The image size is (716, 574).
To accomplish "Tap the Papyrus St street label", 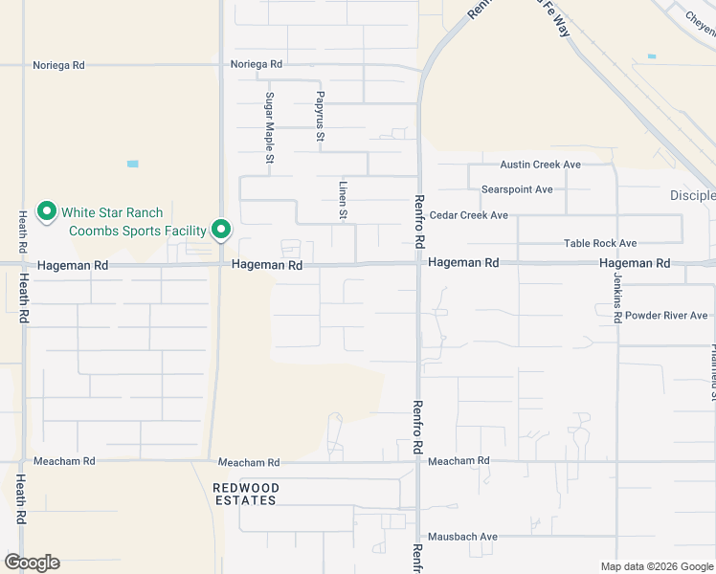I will (x=321, y=118).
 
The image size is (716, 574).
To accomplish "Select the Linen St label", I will (x=342, y=201).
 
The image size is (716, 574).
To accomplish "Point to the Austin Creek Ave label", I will (x=533, y=165).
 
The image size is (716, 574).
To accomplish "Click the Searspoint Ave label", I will (x=517, y=189).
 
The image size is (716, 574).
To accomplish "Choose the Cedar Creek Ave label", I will (x=469, y=215).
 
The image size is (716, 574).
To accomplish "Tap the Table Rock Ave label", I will (x=600, y=244).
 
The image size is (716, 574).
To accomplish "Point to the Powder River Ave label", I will (x=666, y=316).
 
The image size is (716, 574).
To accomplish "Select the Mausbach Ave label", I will (x=463, y=537).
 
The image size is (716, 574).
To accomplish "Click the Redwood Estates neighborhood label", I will (x=245, y=494).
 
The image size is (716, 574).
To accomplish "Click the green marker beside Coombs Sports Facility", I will (x=221, y=230).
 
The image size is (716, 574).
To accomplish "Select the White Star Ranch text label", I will (x=112, y=212).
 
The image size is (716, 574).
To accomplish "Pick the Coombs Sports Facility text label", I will (x=137, y=231).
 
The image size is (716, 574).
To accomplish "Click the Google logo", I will (x=32, y=563).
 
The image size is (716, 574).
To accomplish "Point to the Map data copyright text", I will (x=657, y=566).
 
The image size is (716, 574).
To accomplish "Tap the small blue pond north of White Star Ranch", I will (x=132, y=164).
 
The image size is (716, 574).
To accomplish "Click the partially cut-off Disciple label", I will (x=692, y=195).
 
